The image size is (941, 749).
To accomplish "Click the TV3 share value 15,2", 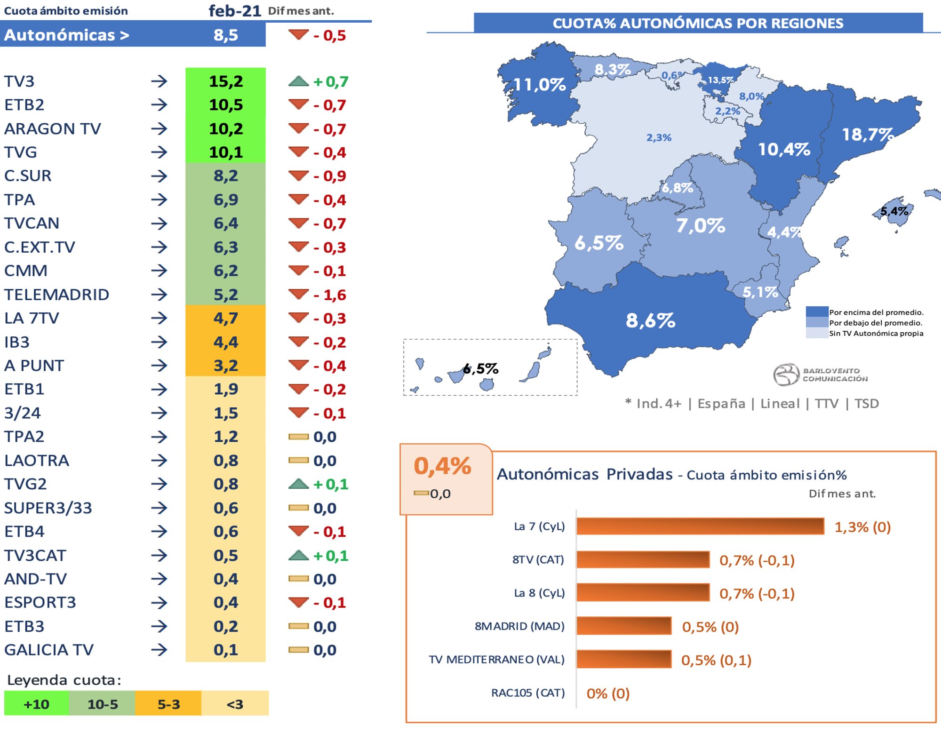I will click(x=226, y=81).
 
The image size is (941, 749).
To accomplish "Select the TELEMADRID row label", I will click(x=56, y=295).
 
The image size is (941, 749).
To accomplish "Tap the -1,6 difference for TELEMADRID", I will click(x=330, y=295).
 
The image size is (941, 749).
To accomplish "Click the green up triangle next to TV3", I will click(x=298, y=81).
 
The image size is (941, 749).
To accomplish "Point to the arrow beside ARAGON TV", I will click(x=159, y=128).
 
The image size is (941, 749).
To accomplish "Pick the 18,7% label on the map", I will click(x=867, y=135).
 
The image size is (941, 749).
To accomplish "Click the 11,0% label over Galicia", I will click(x=539, y=85).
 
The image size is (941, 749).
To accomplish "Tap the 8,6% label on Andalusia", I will click(x=650, y=320).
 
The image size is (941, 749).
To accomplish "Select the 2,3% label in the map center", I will click(x=658, y=137).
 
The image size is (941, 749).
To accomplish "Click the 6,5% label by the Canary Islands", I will click(x=480, y=368).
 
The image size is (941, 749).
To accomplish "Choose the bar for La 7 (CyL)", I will click(x=700, y=526).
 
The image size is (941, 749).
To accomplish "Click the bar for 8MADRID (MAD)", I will click(x=624, y=626).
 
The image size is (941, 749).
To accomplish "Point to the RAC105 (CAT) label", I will click(x=527, y=693).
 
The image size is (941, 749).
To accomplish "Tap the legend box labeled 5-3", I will click(x=168, y=704).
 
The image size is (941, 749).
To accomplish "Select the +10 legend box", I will click(x=37, y=704).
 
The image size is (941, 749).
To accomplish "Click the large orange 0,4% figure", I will click(x=442, y=466).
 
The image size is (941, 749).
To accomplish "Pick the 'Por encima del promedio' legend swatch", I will click(x=817, y=312).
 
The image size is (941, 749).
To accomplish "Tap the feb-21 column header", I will click(x=234, y=10).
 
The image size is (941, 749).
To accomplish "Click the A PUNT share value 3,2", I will click(x=226, y=366).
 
